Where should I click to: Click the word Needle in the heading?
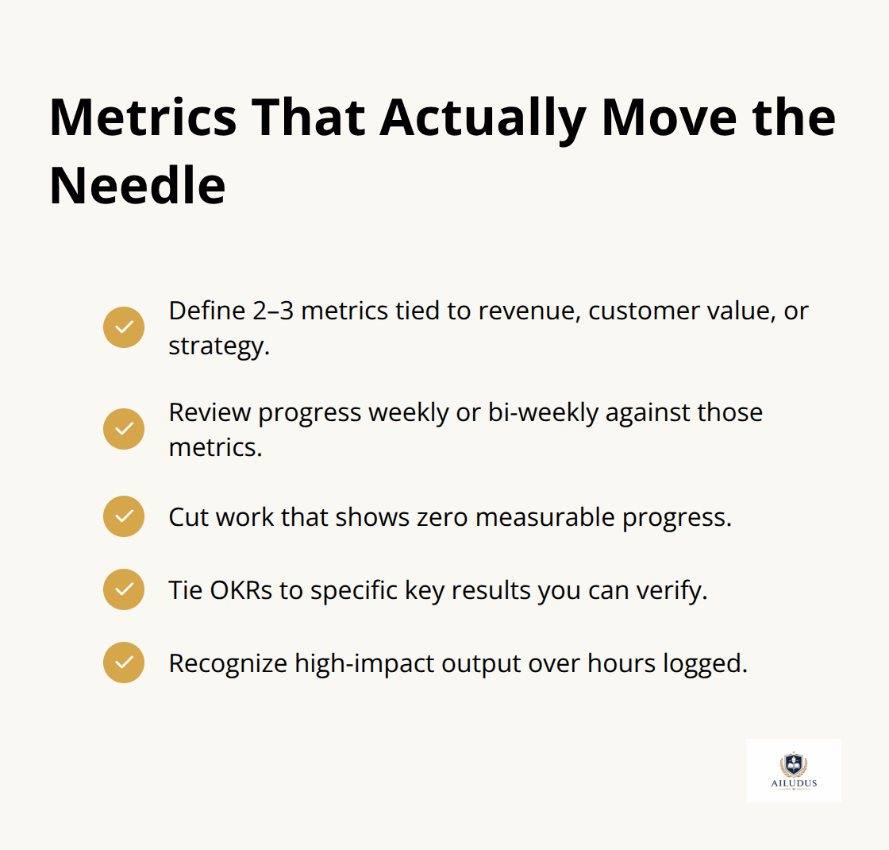coord(137,186)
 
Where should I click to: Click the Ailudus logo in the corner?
coord(793,770)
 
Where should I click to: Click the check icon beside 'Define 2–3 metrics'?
coord(124,327)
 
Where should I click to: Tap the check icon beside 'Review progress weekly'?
coord(124,429)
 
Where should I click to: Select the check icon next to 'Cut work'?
coord(124,516)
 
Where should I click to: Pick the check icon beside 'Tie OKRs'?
coord(124,589)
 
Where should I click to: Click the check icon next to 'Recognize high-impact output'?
coord(124,663)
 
